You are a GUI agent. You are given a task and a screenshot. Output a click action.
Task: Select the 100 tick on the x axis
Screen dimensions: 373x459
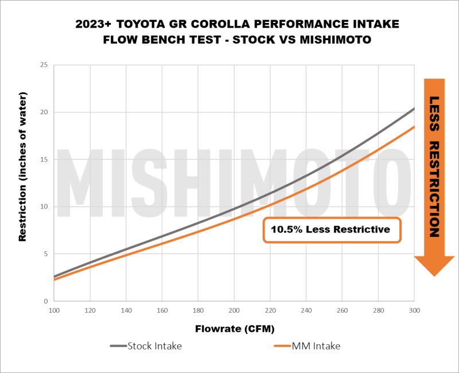tap(54, 310)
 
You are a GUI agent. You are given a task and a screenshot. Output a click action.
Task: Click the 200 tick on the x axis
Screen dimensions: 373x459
tap(234, 310)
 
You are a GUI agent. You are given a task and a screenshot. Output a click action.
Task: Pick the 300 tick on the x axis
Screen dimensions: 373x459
tap(414, 310)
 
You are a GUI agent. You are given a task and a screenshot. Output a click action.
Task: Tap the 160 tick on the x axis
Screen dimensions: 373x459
tap(162, 310)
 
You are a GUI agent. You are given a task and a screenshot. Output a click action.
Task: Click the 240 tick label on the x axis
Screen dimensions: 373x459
tap(306, 310)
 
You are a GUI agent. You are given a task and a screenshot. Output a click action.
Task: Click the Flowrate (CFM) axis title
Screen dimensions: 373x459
tap(234, 329)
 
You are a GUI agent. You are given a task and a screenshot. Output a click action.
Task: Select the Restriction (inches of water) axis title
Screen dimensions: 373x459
tap(23, 182)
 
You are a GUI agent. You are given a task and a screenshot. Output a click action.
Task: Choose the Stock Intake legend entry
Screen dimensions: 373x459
tap(146, 346)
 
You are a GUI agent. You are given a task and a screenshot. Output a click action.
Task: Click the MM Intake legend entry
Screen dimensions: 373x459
tap(310, 346)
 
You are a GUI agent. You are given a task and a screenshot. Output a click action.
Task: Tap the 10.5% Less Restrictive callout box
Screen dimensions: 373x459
tap(332, 230)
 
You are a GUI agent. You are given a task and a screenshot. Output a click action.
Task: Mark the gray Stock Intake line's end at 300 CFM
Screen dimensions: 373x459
tap(414, 108)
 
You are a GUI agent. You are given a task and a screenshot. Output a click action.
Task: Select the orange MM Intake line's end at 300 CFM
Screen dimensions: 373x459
tap(414, 126)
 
